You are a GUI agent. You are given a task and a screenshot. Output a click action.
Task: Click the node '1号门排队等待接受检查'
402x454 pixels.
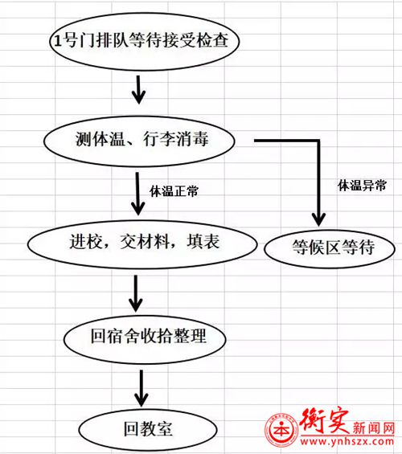coord(144,41)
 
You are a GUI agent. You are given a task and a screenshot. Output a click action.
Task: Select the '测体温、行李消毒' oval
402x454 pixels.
coord(139,141)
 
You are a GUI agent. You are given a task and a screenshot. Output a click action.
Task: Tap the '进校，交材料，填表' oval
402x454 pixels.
coord(142,244)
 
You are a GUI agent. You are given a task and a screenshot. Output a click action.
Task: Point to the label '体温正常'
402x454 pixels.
coord(174,191)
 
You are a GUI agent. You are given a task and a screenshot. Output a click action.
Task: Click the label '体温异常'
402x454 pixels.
coord(362,185)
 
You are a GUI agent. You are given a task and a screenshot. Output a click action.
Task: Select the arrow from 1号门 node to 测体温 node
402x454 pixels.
coord(139,90)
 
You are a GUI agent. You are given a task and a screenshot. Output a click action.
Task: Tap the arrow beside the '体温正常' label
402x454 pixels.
coord(137,194)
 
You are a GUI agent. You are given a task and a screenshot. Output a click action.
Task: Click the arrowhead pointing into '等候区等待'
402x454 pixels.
coord(318,220)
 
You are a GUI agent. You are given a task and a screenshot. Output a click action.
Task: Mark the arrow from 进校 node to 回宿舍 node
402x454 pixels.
coord(136,293)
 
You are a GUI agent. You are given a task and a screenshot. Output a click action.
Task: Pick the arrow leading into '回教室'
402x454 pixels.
coord(141,388)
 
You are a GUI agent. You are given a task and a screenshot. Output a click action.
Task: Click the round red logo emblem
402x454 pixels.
coord(281,430)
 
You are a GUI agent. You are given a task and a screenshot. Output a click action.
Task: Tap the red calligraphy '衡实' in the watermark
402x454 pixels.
coord(324,421)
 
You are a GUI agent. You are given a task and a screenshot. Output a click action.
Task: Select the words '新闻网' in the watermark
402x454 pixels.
coord(373,428)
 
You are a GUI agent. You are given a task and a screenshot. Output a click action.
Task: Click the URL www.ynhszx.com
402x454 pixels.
coord(347,442)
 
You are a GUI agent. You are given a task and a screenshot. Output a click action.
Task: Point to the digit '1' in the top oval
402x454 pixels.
coord(58,40)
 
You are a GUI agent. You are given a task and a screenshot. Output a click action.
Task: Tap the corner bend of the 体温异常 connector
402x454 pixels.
coord(318,141)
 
